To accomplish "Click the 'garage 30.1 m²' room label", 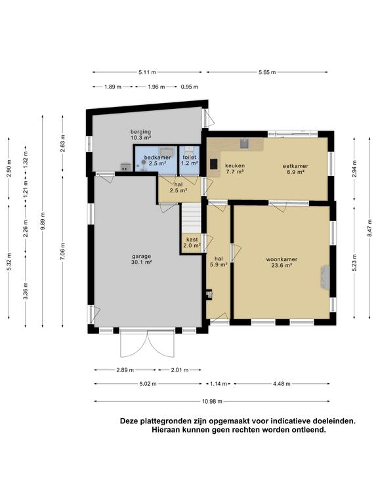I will click(x=141, y=259).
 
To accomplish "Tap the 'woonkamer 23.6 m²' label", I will click(x=282, y=262).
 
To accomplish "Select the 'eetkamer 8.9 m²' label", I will click(x=295, y=170).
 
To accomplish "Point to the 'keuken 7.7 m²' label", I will click(x=234, y=170).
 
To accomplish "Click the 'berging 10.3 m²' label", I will click(x=140, y=135).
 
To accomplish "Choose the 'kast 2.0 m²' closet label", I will click(x=192, y=243).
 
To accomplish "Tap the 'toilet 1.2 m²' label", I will click(x=189, y=161).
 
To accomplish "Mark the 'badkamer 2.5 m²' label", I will click(x=157, y=161).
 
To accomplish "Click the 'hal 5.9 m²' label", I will click(x=219, y=262).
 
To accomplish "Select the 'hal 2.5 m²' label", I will click(x=178, y=188).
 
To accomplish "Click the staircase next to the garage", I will click(x=192, y=216).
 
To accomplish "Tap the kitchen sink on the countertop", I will click(x=244, y=142).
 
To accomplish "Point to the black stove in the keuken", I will click(x=213, y=164).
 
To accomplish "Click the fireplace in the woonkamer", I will click(x=324, y=276).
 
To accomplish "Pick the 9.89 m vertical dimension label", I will click(x=43, y=220).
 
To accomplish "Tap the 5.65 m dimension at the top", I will click(x=267, y=72).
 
